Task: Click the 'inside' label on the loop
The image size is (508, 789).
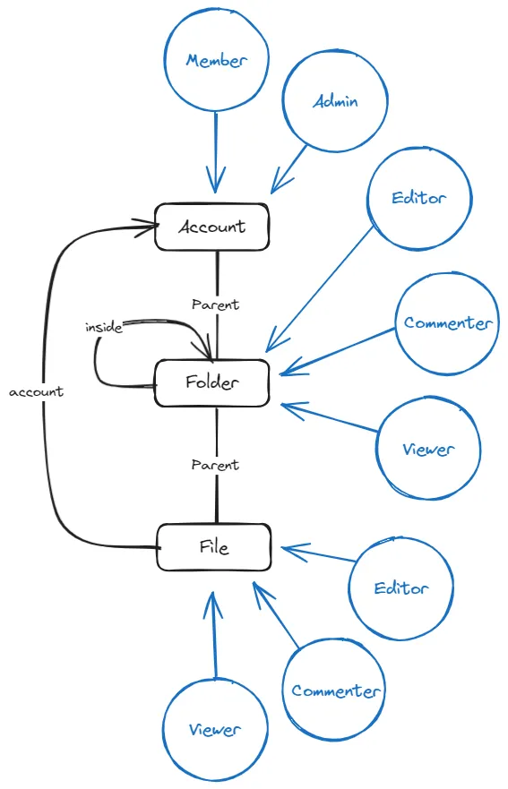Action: point(104,328)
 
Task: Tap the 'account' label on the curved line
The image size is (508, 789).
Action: point(36,392)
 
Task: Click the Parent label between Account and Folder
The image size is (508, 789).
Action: point(216,304)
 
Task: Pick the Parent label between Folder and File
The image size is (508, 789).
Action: point(215,465)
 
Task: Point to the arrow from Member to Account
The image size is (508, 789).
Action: point(216,152)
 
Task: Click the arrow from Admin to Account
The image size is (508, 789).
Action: point(288,169)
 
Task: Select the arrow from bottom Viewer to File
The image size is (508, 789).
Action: point(214,635)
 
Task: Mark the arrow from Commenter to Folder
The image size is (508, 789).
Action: point(338,351)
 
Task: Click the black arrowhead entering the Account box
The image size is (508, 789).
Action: point(146,227)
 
